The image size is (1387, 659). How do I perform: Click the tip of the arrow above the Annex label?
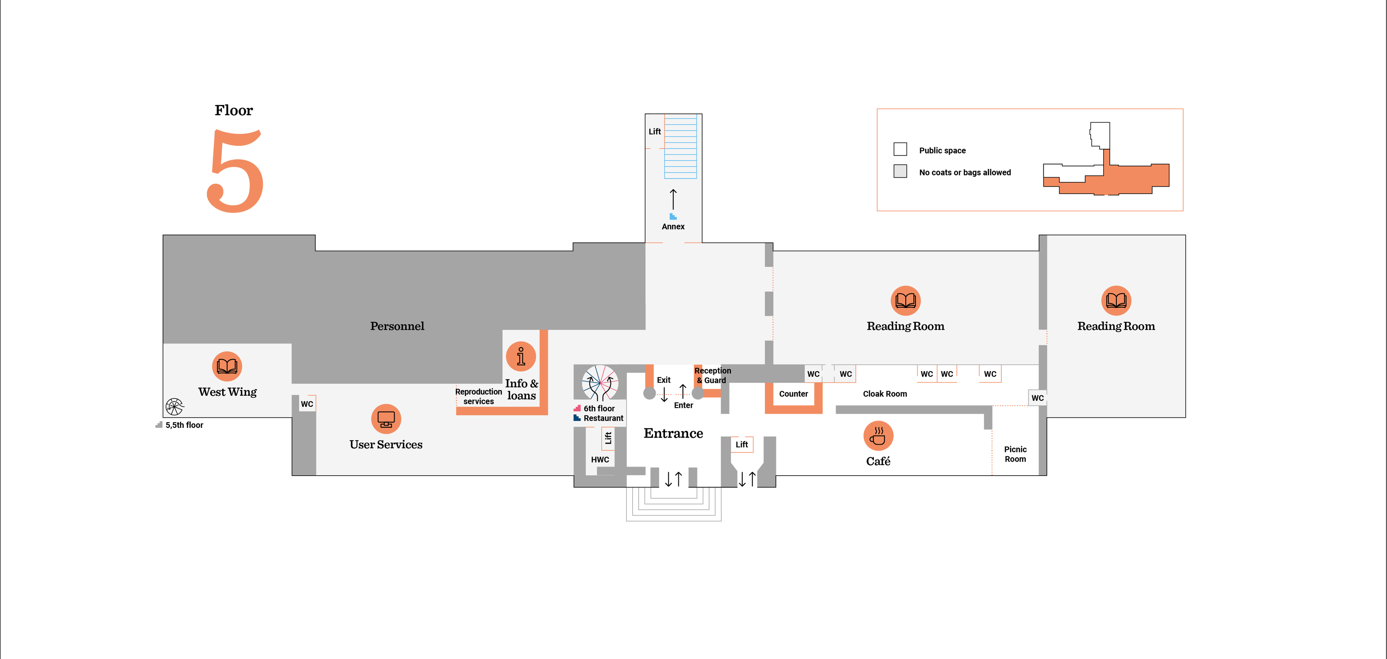673,189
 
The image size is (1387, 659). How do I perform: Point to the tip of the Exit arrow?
664,402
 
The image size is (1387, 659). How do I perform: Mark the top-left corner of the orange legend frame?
877,109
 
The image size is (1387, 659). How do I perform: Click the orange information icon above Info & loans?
521,356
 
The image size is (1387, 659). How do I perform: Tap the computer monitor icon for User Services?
386,419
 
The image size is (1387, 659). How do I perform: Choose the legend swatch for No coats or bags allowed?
900,171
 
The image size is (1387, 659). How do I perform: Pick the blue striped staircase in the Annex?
680,146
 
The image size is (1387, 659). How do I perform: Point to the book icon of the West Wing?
227,366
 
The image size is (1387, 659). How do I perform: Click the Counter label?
794,394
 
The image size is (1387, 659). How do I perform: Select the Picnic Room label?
1015,454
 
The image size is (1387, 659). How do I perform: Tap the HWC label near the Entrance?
600,460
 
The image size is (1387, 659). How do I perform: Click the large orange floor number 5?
235,171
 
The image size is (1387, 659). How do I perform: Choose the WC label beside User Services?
307,404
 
